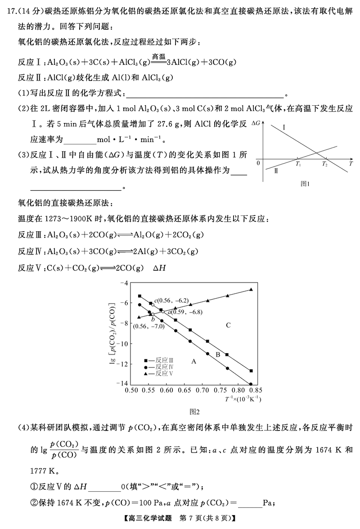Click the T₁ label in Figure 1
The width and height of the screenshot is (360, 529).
pyautogui.click(x=298, y=164)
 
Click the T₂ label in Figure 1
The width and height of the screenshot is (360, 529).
pyautogui.click(x=325, y=164)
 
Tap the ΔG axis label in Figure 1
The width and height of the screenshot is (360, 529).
pyautogui.click(x=256, y=122)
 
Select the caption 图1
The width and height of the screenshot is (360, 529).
pyautogui.click(x=306, y=184)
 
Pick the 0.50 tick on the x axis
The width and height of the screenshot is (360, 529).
pyautogui.click(x=130, y=391)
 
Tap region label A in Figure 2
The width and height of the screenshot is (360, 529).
pyautogui.click(x=194, y=360)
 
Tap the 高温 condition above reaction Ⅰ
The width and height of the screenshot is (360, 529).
pyautogui.click(x=159, y=56)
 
